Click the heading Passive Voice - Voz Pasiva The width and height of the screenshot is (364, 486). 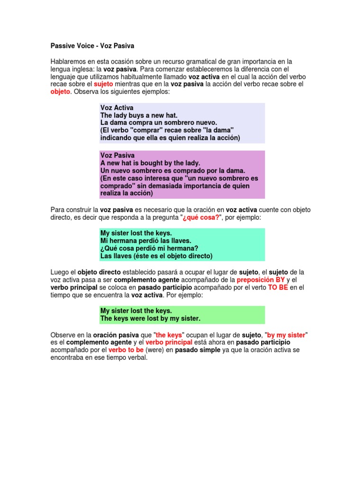92,46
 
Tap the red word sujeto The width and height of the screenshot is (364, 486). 103,84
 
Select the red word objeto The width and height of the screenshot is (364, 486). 60,92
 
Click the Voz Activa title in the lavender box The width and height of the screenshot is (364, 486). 117,108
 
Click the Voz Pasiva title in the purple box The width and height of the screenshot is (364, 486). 118,155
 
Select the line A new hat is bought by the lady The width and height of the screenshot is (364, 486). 150,163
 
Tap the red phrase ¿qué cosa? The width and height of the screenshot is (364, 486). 201,217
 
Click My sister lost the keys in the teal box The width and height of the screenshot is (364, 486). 136,233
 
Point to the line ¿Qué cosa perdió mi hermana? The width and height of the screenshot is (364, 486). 149,248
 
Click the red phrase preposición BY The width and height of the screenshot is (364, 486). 260,280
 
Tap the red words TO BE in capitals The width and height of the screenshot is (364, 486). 278,287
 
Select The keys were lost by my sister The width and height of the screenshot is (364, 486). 150,318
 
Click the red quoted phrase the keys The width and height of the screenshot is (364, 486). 169,335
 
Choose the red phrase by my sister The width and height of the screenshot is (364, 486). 286,335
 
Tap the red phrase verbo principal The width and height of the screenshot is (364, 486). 169,342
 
